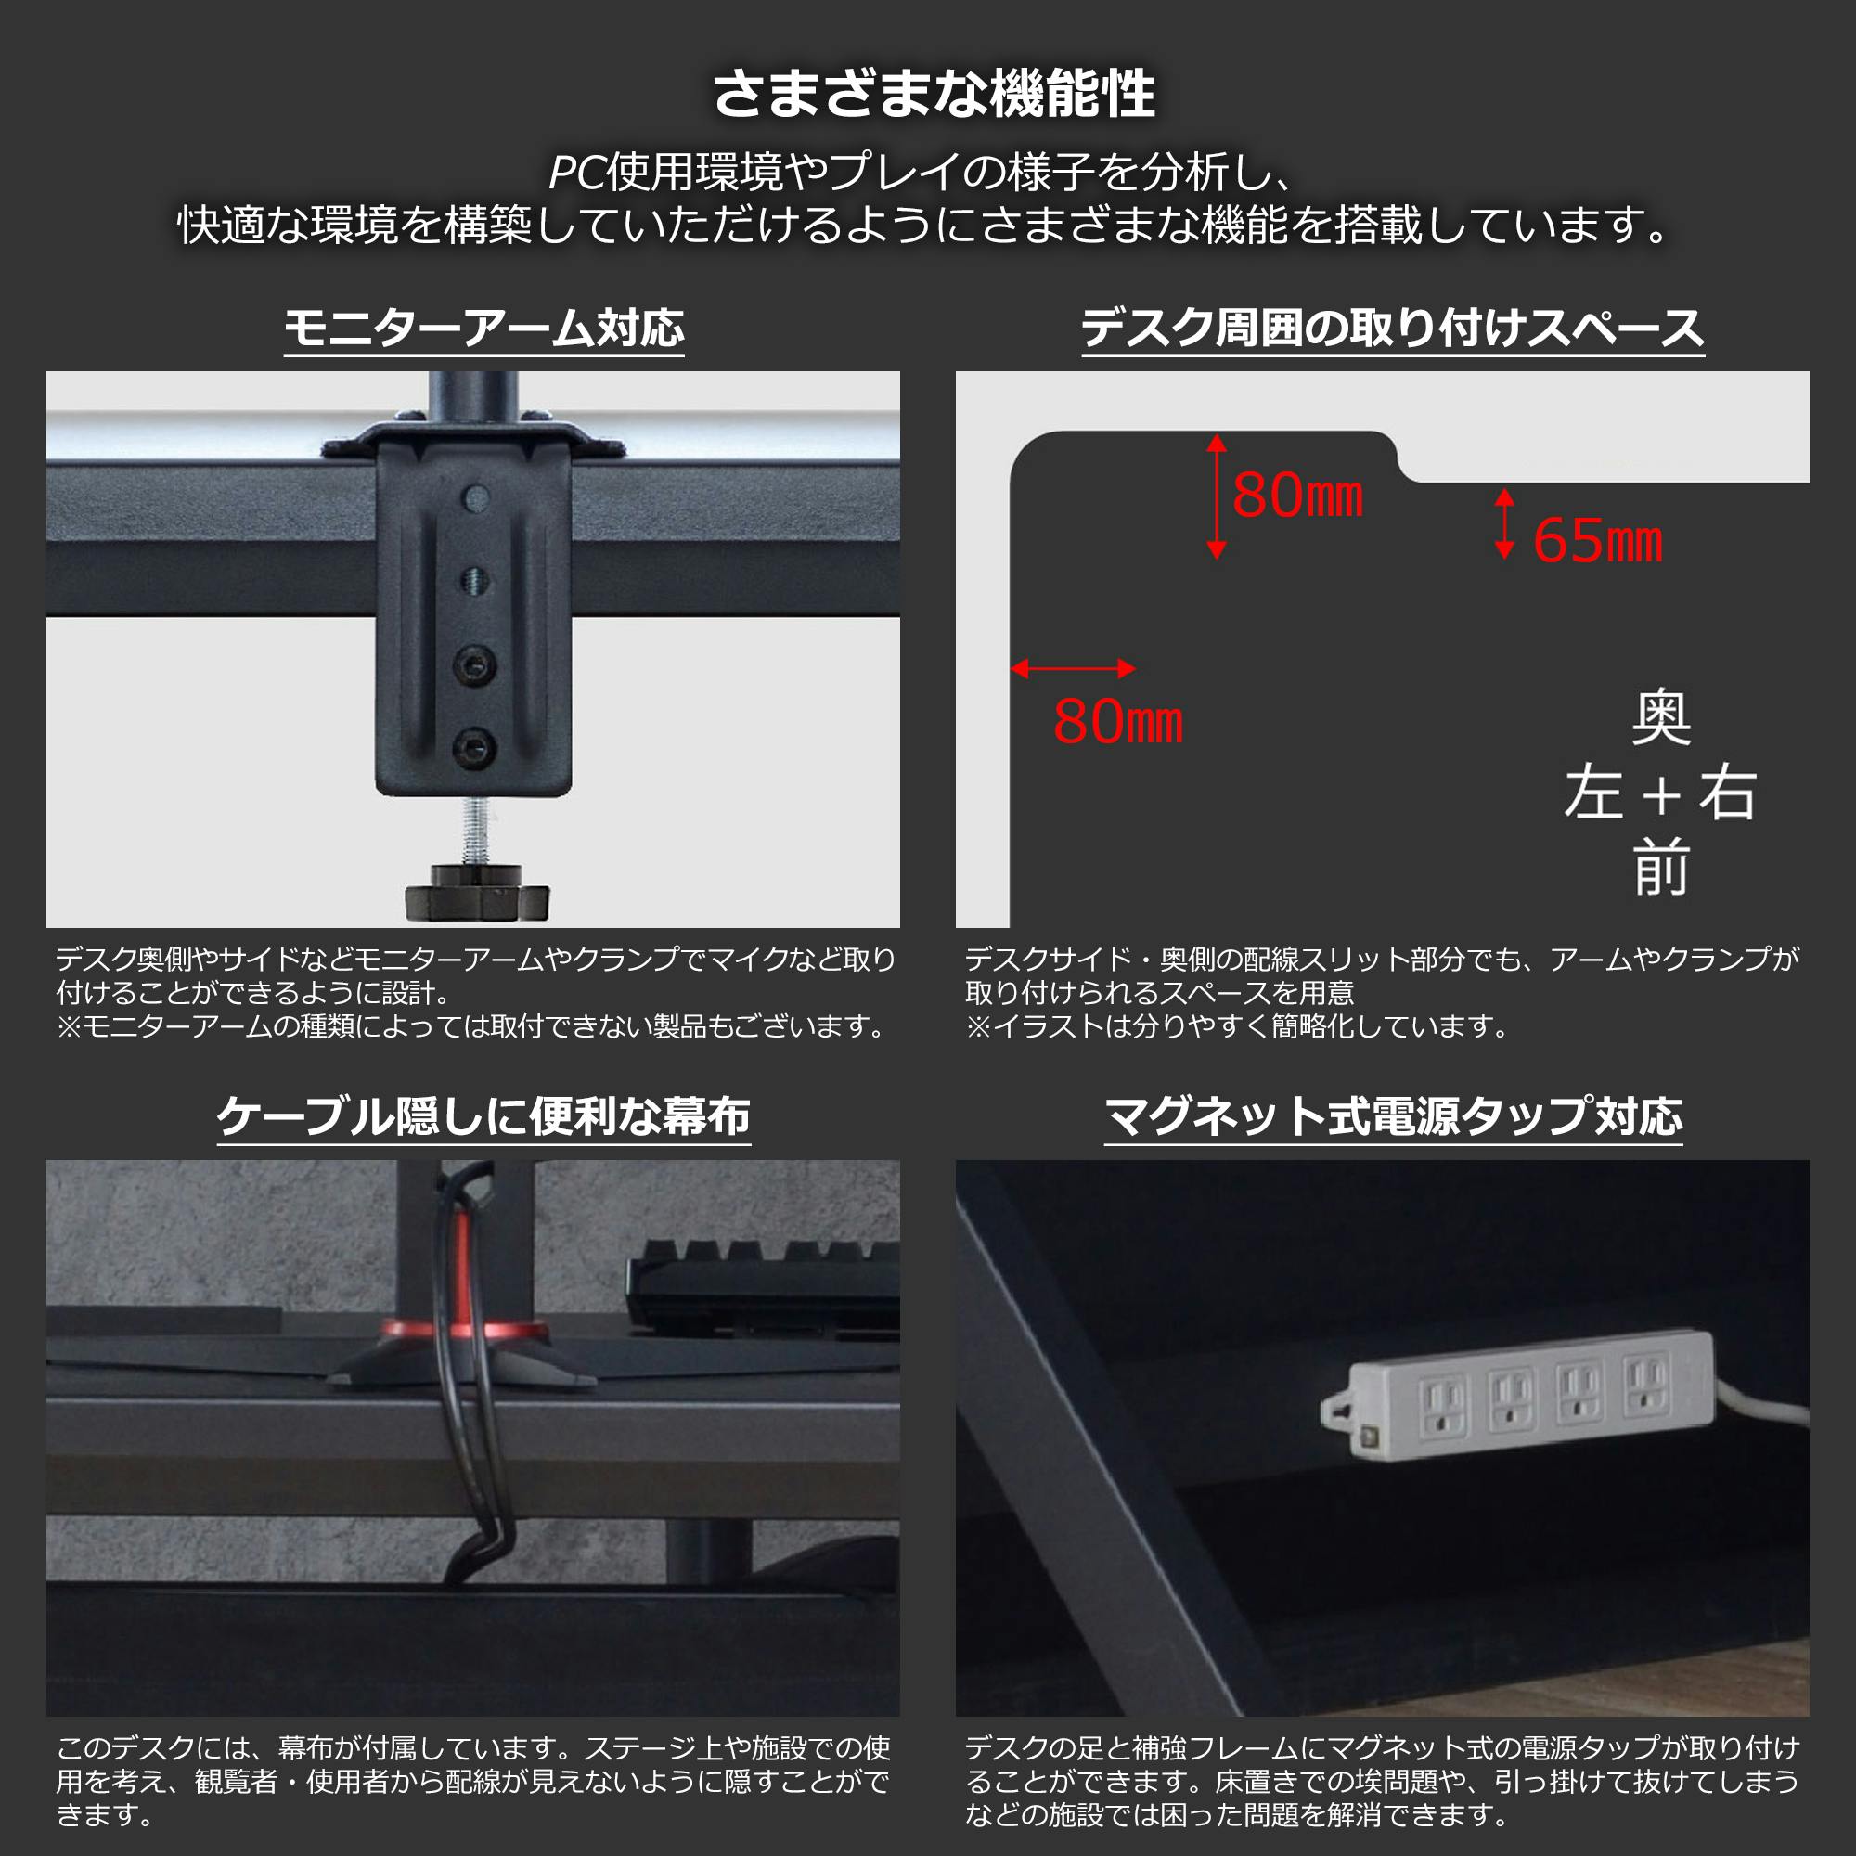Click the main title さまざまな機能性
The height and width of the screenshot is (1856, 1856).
(934, 94)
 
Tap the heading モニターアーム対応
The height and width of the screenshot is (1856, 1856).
(484, 328)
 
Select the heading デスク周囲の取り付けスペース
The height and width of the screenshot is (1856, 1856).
(1393, 328)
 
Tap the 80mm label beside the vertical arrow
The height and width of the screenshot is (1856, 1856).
(1297, 495)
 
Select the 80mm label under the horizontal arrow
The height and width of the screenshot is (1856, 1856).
(1118, 721)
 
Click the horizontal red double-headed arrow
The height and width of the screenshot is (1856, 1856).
(1073, 668)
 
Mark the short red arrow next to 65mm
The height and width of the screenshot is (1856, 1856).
(1504, 523)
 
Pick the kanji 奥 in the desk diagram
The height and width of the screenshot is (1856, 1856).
(1661, 716)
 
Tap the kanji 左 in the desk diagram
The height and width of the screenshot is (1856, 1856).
(1593, 793)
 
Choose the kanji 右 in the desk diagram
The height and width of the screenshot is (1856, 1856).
(1727, 793)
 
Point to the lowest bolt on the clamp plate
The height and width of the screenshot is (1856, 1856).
(474, 745)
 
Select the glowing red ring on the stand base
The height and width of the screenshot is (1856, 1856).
(464, 1331)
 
